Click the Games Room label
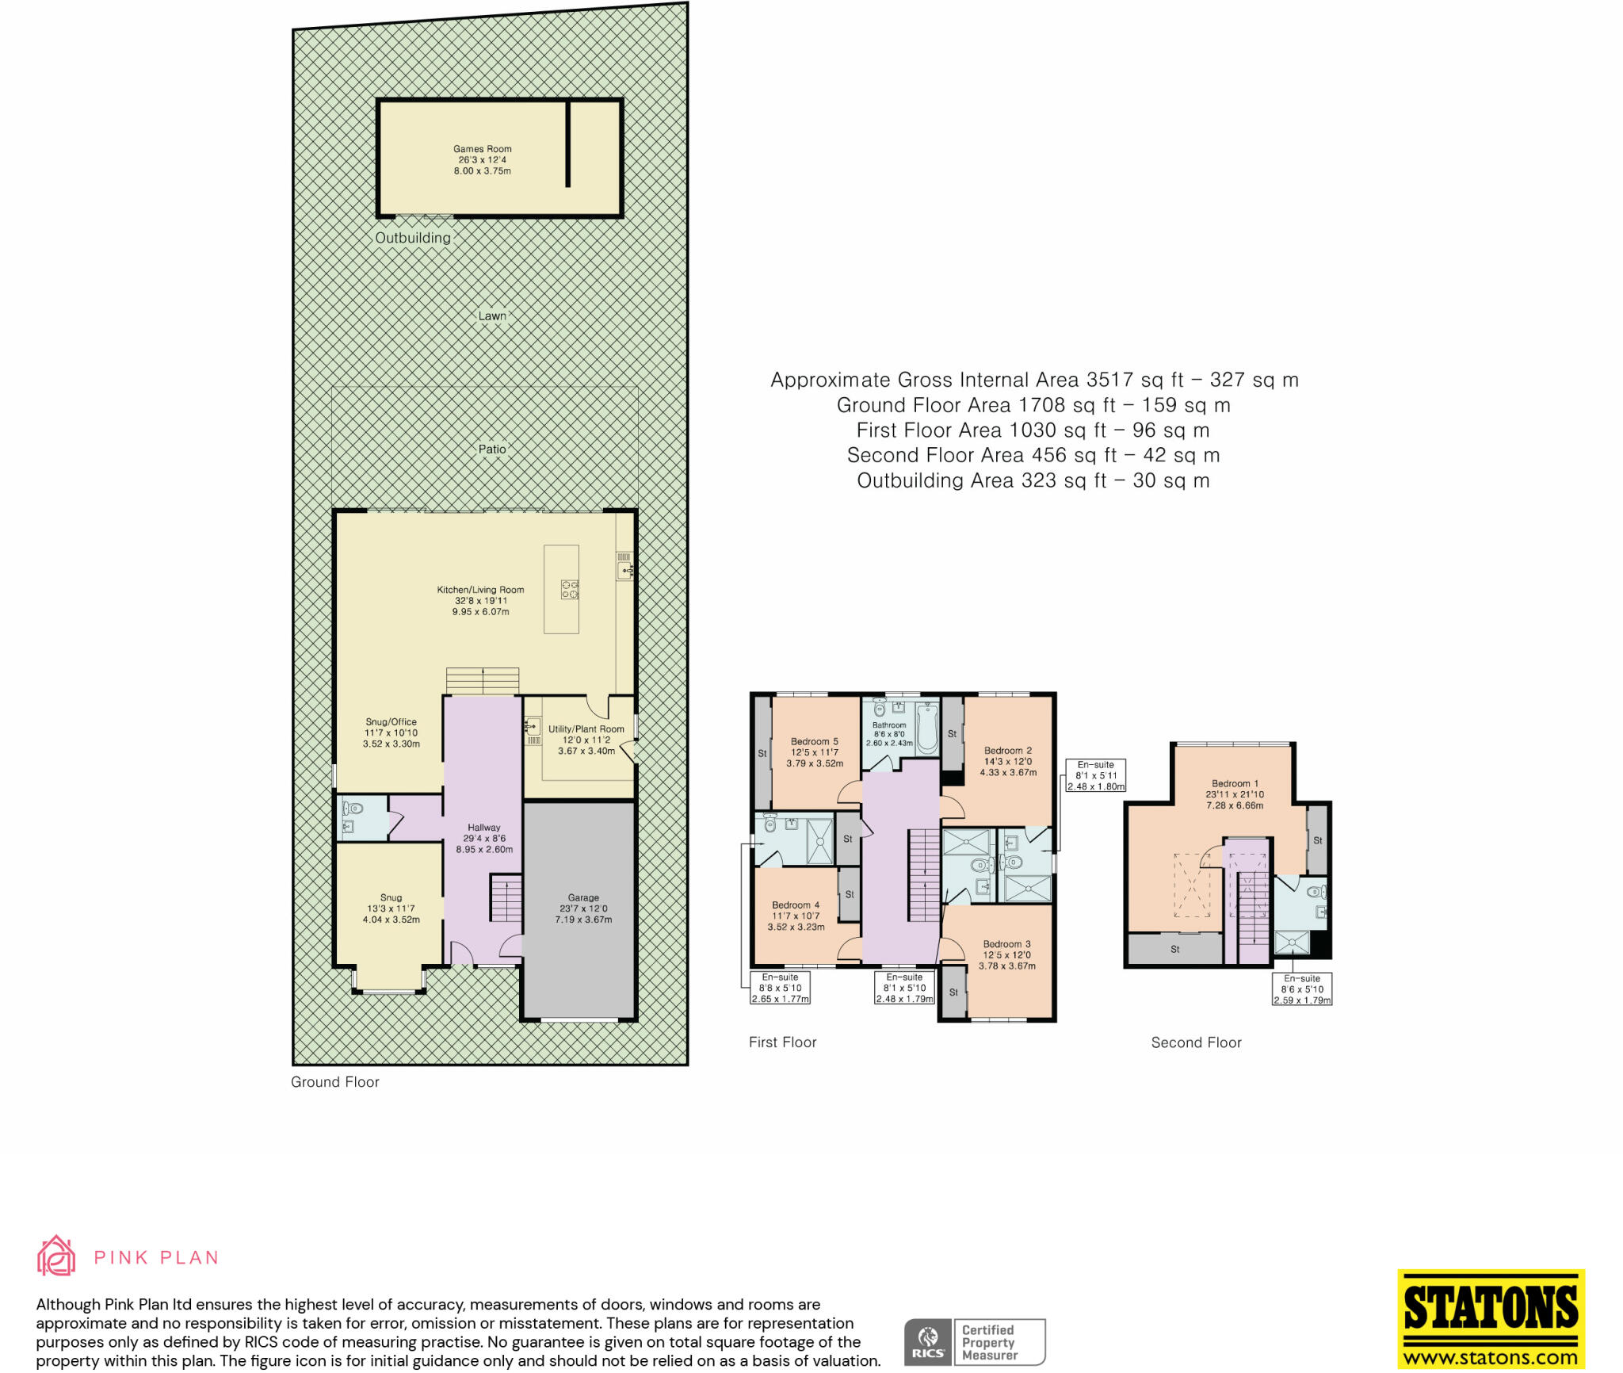[482, 149]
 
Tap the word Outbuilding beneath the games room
[412, 238]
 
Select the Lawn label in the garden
[491, 316]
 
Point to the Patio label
[491, 449]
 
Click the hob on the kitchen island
[570, 589]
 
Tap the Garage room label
[583, 898]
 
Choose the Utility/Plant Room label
[586, 729]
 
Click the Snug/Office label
[391, 722]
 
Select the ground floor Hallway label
[483, 828]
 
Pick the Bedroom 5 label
[814, 742]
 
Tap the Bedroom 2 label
[1007, 751]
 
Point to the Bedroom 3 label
[1006, 944]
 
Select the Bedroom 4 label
[796, 905]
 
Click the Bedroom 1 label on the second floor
[1234, 783]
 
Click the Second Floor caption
[1196, 1042]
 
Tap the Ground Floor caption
[334, 1082]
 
